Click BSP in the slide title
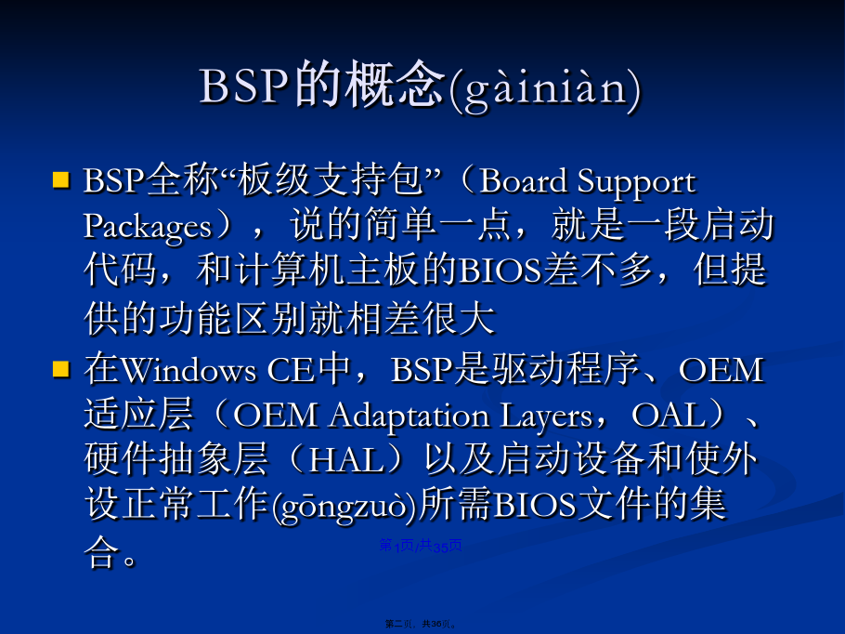[243, 86]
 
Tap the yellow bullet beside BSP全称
[61, 179]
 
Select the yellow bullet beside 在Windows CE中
[61, 369]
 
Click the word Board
[523, 180]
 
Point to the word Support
[636, 182]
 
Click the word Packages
[148, 228]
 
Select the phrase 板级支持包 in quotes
[331, 179]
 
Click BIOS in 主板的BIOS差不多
[501, 271]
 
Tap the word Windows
[188, 370]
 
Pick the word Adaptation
[409, 417]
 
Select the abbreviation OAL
[669, 416]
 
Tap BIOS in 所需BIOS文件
[534, 506]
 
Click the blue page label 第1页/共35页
[421, 546]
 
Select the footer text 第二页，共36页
[421, 624]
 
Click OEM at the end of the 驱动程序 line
[721, 370]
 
